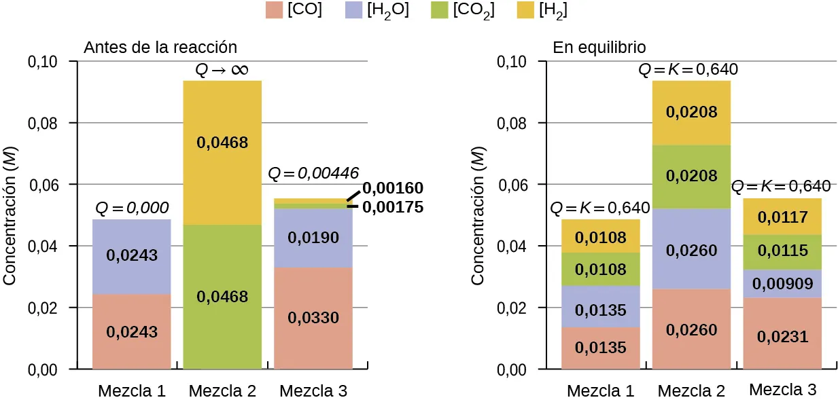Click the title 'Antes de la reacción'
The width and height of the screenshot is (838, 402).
(160, 48)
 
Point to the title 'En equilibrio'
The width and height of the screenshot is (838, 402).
(599, 48)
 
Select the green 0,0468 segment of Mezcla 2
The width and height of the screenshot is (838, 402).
(222, 297)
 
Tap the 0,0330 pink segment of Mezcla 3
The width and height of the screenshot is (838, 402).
(313, 318)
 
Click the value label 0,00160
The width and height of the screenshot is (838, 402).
(392, 188)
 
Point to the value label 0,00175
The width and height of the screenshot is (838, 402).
(392, 207)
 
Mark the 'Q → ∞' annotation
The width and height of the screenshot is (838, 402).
(222, 69)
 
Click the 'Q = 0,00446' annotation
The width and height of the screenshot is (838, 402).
(313, 173)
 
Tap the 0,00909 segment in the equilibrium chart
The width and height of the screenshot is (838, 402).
(782, 284)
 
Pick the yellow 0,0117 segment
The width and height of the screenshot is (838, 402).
(782, 217)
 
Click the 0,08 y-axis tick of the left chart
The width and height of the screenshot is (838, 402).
(42, 124)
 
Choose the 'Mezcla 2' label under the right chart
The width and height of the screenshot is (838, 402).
(691, 391)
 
